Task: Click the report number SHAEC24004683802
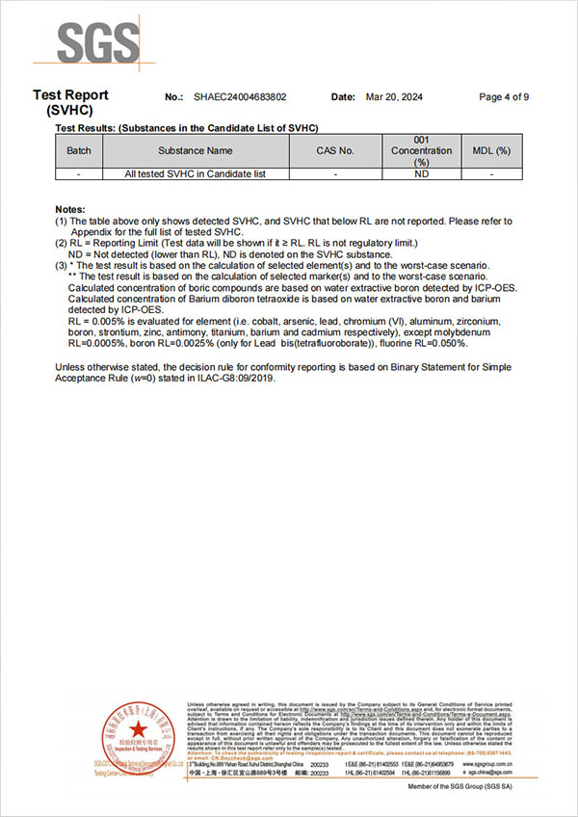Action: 240,97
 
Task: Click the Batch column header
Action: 79,151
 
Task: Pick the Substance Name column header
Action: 195,151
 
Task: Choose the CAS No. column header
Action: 335,151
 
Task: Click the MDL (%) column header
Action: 491,151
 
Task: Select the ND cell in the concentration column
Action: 421,174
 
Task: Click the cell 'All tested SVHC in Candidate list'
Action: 195,174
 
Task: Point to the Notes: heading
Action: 70,209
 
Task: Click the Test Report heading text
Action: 70,94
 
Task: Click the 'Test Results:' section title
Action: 85,128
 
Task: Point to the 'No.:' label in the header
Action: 174,97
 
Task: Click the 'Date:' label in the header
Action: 344,97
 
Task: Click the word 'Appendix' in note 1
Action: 89,232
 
